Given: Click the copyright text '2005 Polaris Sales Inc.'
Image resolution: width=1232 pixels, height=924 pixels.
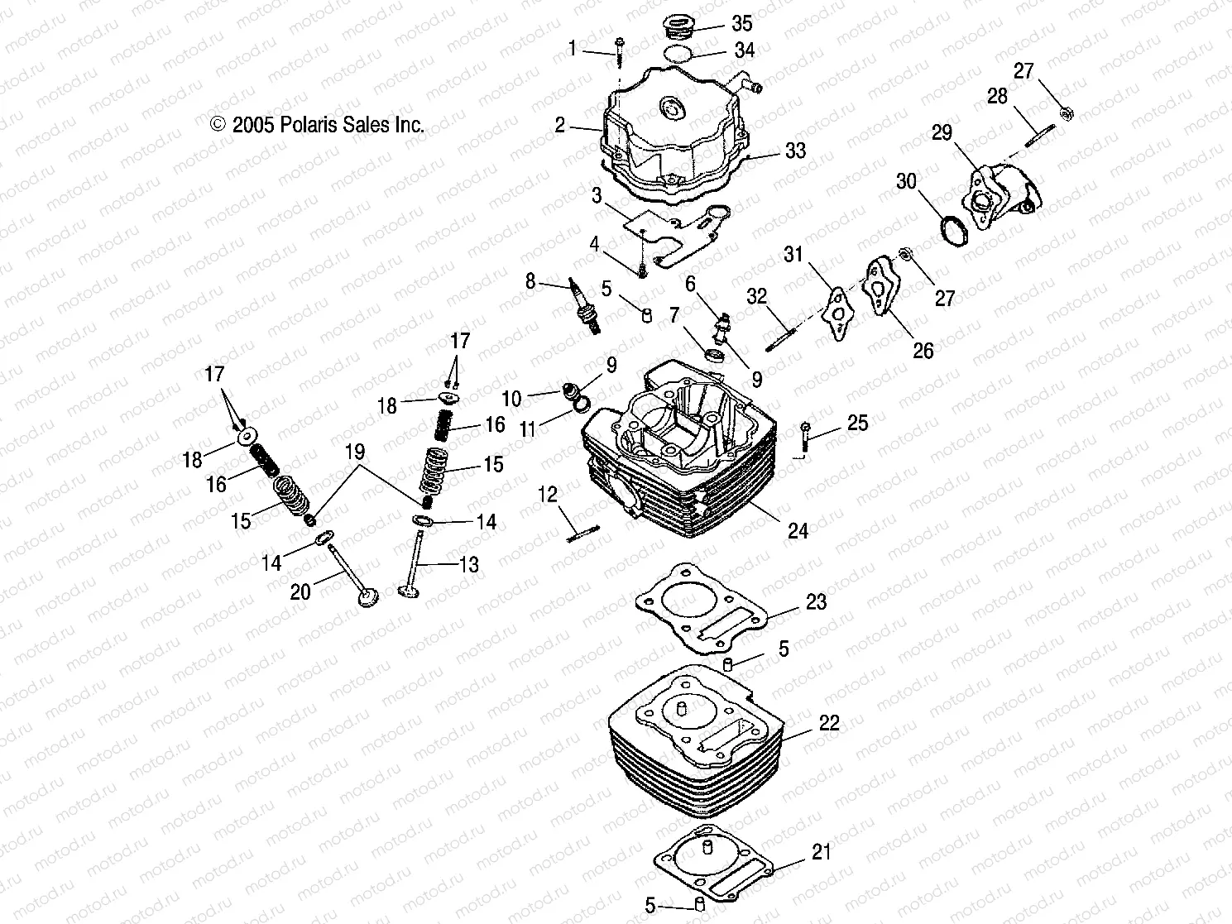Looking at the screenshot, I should click(x=318, y=124).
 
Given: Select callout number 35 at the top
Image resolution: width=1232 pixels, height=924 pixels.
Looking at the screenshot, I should click(x=742, y=22).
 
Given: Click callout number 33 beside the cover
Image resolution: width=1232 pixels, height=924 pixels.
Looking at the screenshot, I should click(x=795, y=151).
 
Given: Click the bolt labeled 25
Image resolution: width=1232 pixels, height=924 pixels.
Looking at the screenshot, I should click(x=805, y=438).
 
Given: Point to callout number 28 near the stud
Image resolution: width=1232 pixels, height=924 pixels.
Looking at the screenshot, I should click(x=997, y=96).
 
